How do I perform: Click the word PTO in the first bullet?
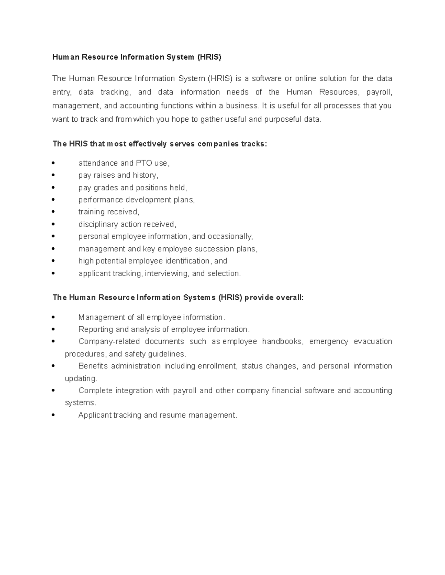click(x=144, y=163)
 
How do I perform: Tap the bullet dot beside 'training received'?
click(x=54, y=212)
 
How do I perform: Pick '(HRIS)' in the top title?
click(x=209, y=57)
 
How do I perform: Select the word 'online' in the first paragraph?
click(x=306, y=78)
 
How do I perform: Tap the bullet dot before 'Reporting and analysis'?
click(x=54, y=329)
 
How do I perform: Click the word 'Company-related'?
click(x=109, y=341)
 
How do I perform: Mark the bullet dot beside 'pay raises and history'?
click(x=54, y=175)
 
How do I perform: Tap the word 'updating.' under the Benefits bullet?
click(x=81, y=378)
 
